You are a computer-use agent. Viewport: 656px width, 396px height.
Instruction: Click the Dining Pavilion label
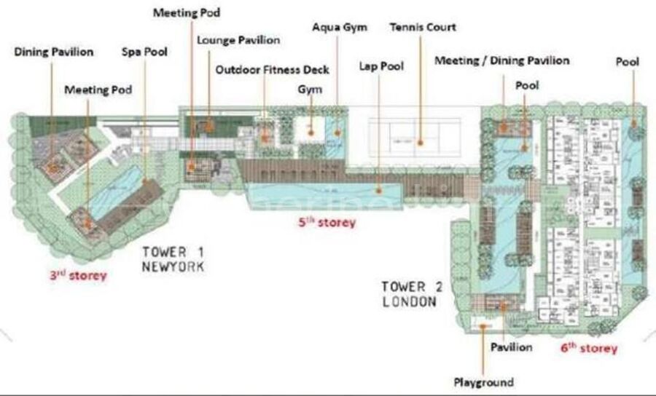(53, 52)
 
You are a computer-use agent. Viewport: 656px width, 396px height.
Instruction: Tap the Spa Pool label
(144, 52)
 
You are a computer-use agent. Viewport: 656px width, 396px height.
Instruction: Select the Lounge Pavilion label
(238, 40)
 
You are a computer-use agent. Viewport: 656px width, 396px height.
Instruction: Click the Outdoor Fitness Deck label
(273, 69)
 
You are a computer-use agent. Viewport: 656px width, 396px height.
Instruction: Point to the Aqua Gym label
(340, 28)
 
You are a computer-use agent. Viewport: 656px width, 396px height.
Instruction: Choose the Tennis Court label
(423, 27)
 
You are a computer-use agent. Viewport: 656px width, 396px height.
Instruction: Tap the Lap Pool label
(381, 66)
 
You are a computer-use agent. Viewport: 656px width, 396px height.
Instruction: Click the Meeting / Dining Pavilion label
(502, 60)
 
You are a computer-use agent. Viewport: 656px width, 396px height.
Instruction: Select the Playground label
(484, 382)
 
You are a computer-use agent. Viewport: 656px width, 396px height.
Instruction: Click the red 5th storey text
(327, 222)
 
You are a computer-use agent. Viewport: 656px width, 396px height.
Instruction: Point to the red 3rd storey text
(78, 275)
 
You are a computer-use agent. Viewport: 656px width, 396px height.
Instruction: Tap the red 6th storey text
(589, 348)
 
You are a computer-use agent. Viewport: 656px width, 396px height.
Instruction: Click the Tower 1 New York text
(173, 259)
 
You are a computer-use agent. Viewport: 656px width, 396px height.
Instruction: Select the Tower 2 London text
(412, 294)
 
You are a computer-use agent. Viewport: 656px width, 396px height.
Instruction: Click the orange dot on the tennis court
(421, 143)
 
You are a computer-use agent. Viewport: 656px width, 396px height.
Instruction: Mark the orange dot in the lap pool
(379, 191)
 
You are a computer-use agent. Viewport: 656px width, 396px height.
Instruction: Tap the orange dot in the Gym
(311, 132)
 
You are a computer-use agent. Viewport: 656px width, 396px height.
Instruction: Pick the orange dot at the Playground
(483, 327)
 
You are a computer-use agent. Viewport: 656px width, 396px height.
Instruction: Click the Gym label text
(310, 90)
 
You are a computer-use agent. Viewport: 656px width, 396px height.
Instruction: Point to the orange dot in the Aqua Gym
(337, 132)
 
